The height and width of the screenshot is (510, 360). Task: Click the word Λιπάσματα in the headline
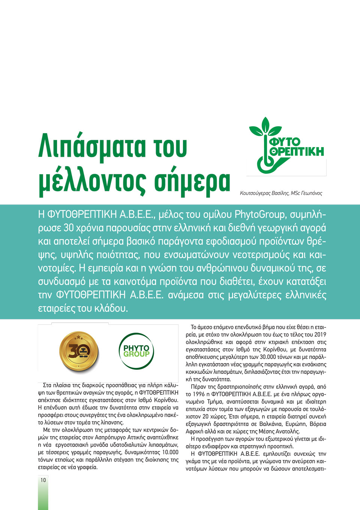[92, 146]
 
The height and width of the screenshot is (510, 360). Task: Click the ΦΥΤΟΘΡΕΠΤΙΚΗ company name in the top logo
[296, 147]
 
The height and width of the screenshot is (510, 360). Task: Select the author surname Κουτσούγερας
[255, 193]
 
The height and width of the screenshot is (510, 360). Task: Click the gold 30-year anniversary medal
[79, 351]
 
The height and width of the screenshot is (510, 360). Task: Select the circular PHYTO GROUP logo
[136, 351]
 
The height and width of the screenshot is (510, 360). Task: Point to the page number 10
[43, 480]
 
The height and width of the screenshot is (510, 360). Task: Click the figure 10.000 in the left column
[170, 452]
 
